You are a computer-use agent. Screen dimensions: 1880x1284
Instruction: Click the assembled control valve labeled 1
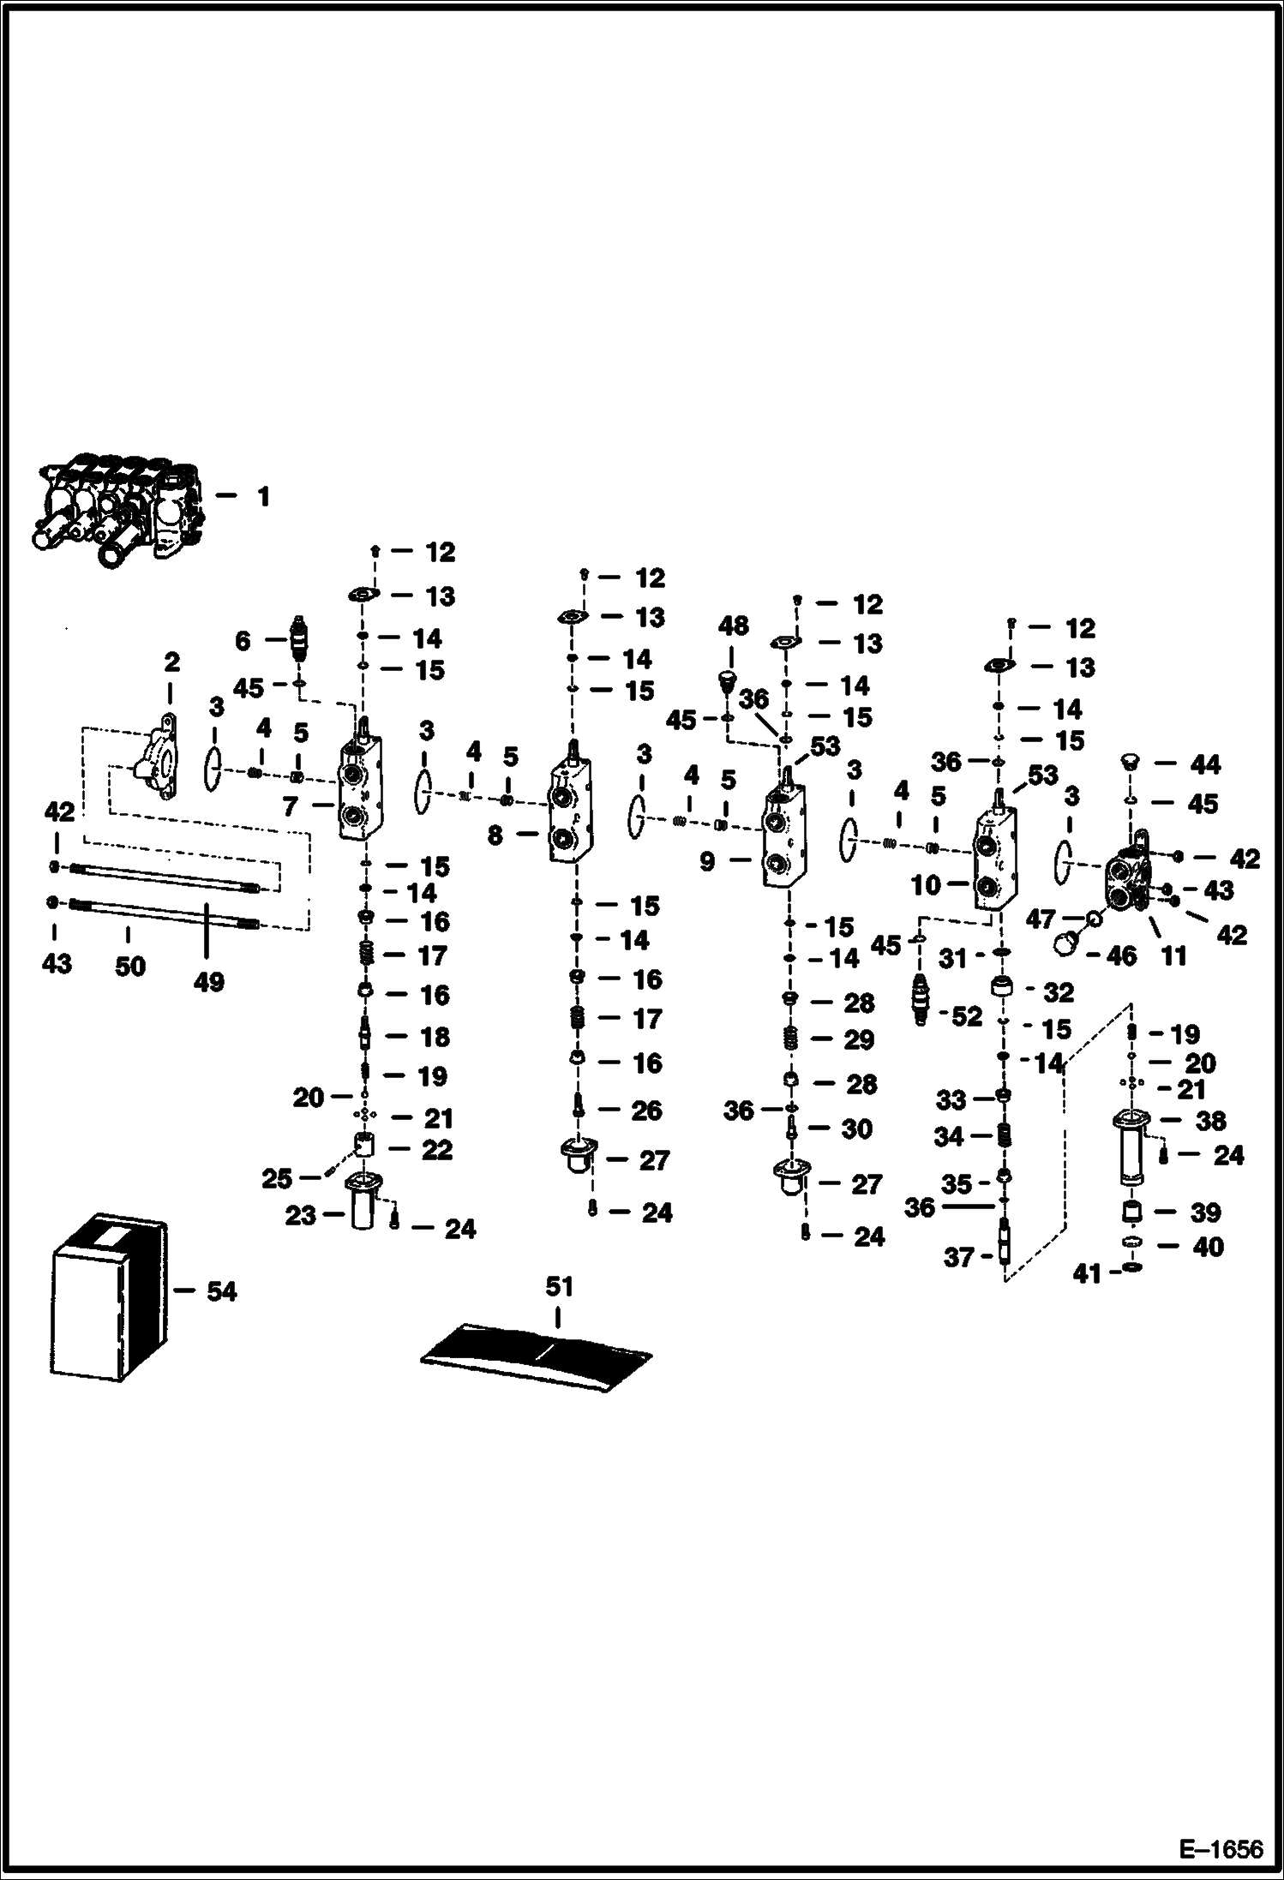click(120, 511)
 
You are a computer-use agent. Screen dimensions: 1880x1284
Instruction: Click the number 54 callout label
click(221, 1291)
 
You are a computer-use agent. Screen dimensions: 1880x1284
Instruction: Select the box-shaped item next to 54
click(109, 1298)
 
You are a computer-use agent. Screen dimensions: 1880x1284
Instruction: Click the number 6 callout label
click(243, 640)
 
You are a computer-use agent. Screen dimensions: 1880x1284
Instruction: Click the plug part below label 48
click(728, 682)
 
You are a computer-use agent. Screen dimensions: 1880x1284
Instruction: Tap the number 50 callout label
click(129, 966)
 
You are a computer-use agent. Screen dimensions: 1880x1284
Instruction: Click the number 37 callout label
click(958, 1257)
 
